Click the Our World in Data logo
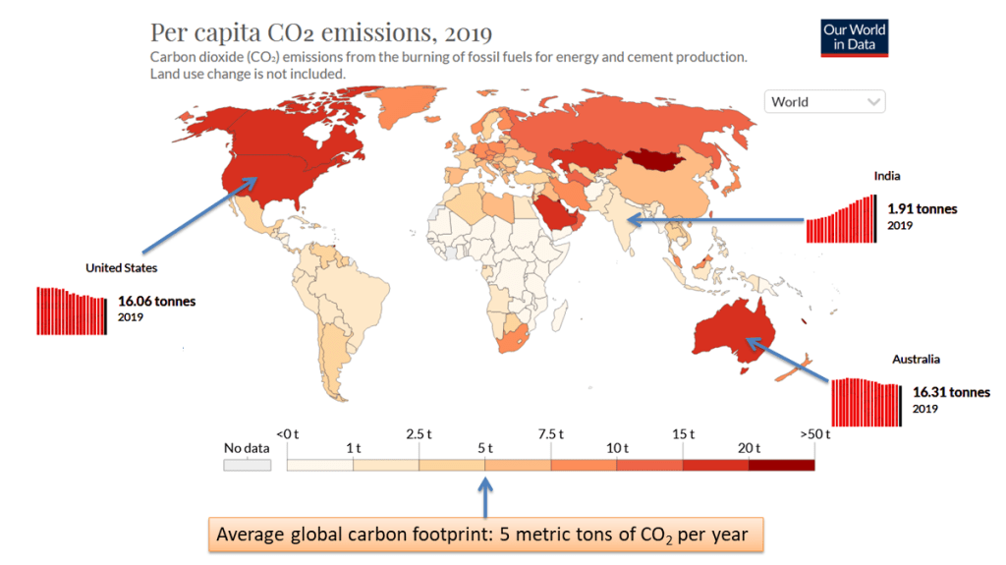pos(854,37)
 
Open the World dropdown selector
pos(824,102)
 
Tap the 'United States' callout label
pos(121,267)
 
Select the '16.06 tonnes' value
pos(156,302)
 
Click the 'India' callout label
pos(887,176)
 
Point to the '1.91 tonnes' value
pos(922,209)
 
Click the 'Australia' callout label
pos(916,359)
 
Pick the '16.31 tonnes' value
pos(951,392)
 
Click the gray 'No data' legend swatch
pos(247,465)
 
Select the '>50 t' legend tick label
pos(815,433)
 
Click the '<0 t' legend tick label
pos(287,433)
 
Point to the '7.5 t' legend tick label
pos(551,433)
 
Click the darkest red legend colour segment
pos(781,465)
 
